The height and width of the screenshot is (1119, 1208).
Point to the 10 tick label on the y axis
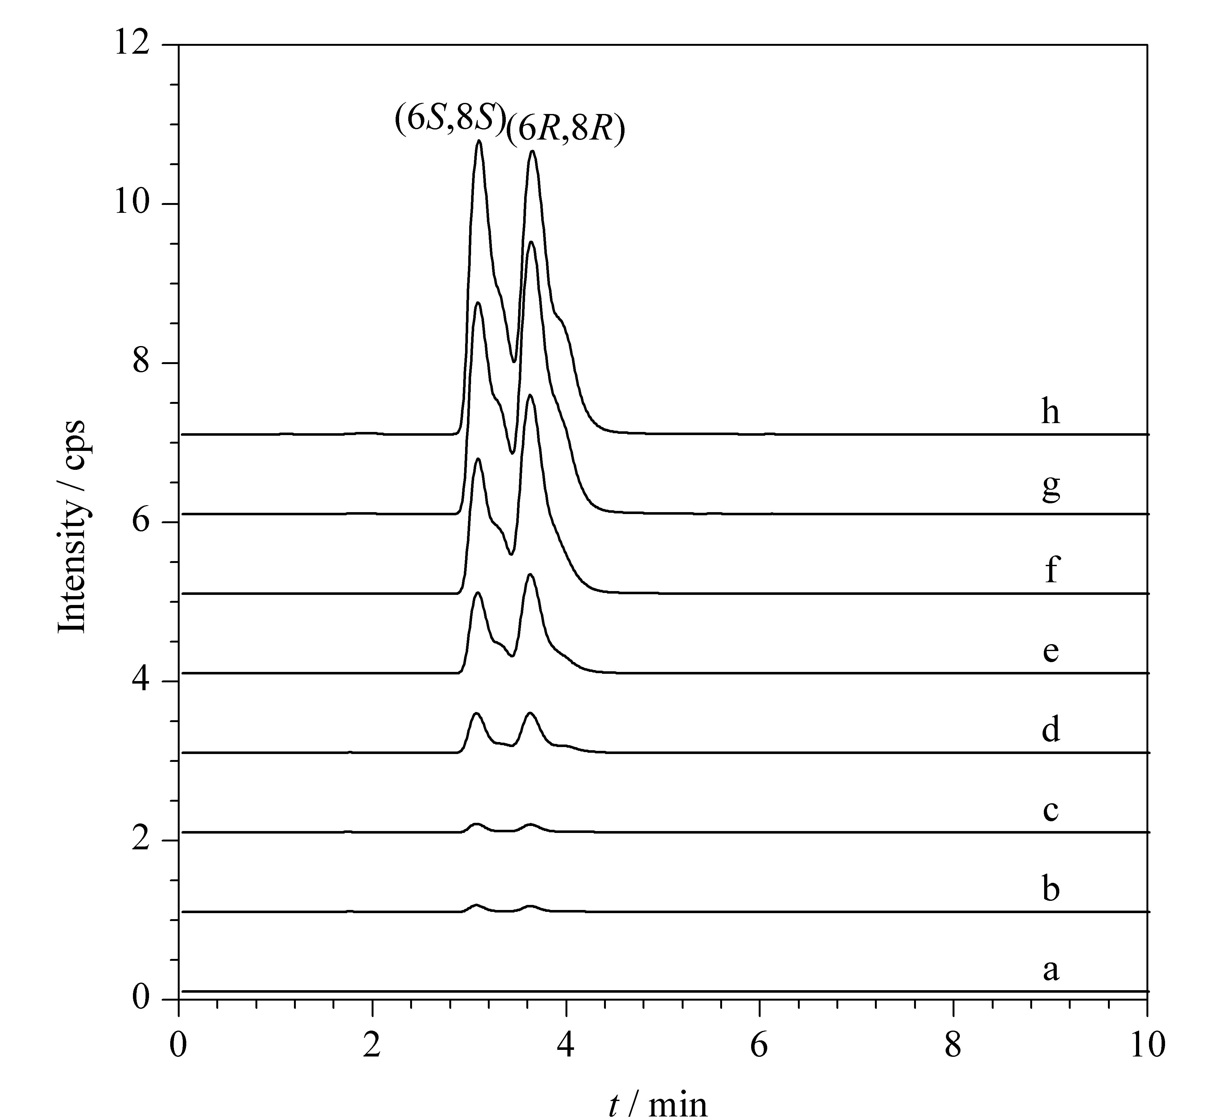click(x=131, y=203)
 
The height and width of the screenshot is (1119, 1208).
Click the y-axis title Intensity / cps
click(x=71, y=527)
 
